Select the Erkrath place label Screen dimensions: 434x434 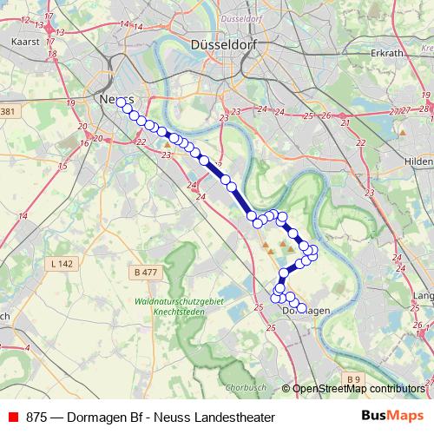point(386,53)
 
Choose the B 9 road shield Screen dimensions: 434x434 point(352,379)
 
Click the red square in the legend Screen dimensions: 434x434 point(13,417)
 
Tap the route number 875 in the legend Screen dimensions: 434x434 point(36,417)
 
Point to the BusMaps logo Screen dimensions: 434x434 point(391,416)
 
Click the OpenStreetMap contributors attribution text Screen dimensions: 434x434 point(358,390)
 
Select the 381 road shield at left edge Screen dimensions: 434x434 point(8,112)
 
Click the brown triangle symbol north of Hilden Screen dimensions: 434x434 point(403,133)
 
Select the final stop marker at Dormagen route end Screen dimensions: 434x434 point(302,306)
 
